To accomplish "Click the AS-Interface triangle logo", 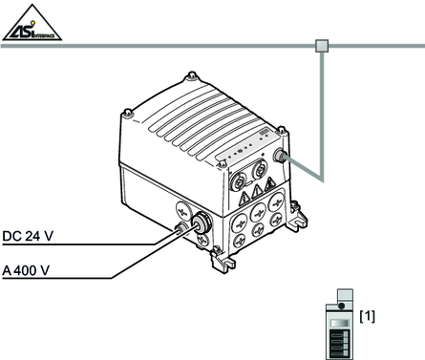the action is click(x=32, y=23).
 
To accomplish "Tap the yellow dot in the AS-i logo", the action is click(x=32, y=23).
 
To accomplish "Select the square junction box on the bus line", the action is click(x=322, y=46).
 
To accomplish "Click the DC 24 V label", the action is click(x=28, y=236).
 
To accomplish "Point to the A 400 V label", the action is click(x=26, y=270).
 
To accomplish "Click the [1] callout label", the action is click(x=367, y=316).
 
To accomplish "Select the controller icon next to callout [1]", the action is click(x=340, y=325).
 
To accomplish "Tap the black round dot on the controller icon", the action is click(x=342, y=306).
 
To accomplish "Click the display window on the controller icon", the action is click(x=340, y=323).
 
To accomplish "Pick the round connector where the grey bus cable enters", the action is click(x=281, y=156).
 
